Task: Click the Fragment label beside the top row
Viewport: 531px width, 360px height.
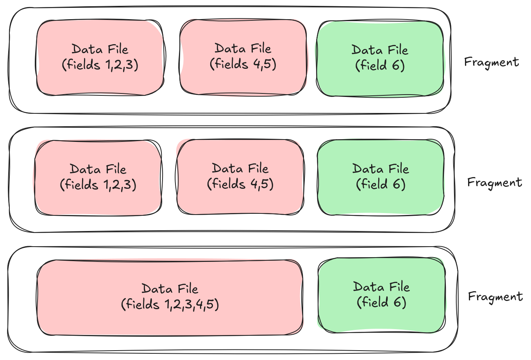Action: tap(491, 62)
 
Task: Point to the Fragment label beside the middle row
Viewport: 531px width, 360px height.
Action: tap(494, 183)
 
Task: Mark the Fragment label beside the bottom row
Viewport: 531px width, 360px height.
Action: tap(495, 297)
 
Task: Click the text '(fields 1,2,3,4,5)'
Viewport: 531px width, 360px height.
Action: tap(170, 304)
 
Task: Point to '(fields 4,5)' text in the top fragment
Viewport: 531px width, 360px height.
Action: tap(243, 64)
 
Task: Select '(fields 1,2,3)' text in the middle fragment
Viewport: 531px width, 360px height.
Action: tap(98, 184)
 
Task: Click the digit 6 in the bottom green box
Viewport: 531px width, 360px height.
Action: tap(396, 302)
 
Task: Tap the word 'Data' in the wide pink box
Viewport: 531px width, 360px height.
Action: tap(157, 289)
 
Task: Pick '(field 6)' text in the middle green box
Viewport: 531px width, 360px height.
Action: tap(381, 184)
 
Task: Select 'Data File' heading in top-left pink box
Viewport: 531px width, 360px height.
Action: tap(100, 49)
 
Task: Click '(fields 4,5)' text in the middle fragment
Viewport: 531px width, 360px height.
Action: tap(240, 184)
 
